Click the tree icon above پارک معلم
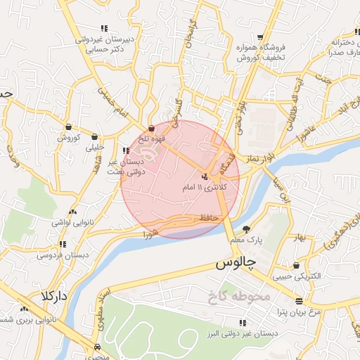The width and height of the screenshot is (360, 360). (246, 229)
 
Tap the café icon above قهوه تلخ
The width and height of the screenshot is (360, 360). (152, 128)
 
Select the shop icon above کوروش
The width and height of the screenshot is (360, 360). (69, 127)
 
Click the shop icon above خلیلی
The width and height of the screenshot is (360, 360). (94, 138)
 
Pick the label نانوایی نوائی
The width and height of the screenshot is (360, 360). (70, 222)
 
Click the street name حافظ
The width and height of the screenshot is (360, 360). (211, 219)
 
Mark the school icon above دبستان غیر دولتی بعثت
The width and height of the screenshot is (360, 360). (126, 150)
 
